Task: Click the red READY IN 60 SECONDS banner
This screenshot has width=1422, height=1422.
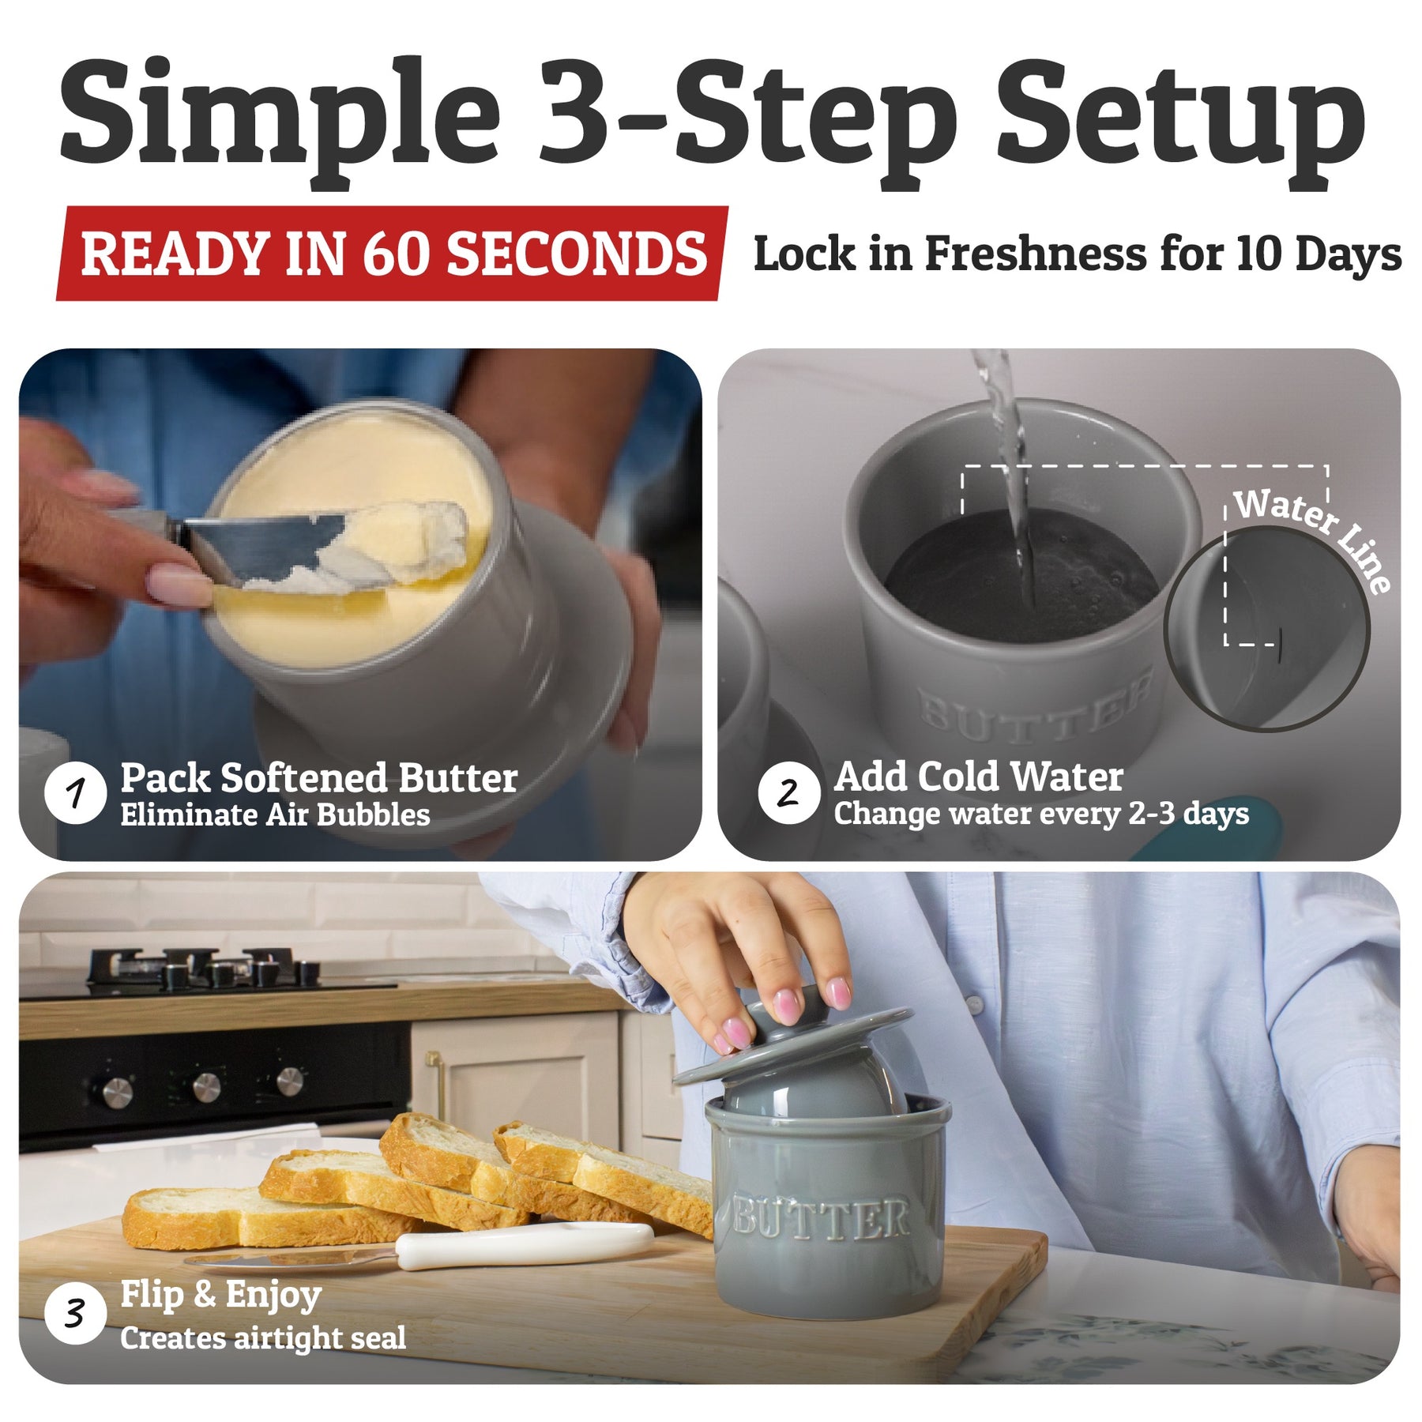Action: click(392, 254)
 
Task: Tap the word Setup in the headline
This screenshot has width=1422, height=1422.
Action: click(1180, 118)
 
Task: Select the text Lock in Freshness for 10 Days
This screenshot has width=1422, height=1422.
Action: click(1078, 254)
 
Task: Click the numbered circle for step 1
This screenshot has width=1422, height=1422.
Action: click(76, 792)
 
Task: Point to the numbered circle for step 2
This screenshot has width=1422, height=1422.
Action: click(788, 792)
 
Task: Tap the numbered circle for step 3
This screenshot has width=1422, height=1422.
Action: click(76, 1314)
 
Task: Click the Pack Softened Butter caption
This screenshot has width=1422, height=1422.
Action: click(319, 778)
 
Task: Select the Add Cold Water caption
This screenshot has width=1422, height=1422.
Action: click(978, 777)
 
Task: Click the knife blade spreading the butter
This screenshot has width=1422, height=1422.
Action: click(269, 545)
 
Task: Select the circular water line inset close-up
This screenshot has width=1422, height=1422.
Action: click(1267, 629)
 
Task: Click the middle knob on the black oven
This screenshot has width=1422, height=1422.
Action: click(205, 1085)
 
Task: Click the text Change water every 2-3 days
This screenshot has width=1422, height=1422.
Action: click(1041, 814)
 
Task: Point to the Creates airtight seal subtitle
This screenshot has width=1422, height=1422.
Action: click(263, 1338)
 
